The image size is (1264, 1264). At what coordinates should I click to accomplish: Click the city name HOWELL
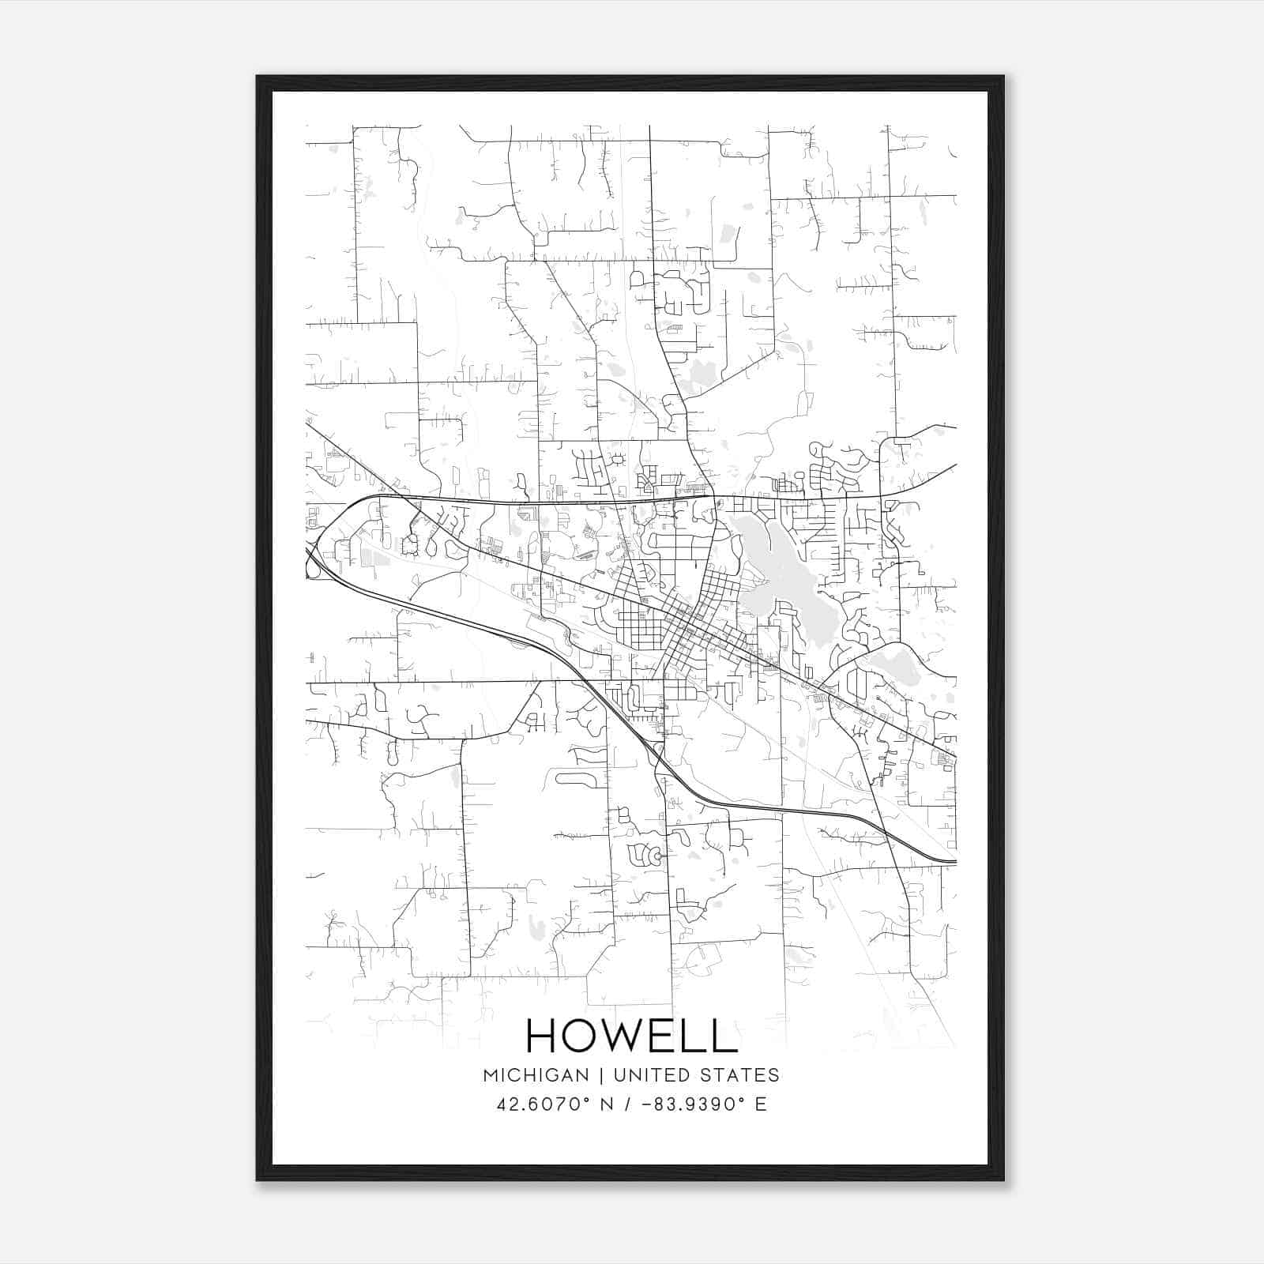631,1036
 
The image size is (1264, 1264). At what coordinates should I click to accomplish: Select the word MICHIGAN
536,1075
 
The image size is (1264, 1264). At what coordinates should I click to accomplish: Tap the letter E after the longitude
761,1104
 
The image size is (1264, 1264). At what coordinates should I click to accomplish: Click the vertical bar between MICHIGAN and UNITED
601,1075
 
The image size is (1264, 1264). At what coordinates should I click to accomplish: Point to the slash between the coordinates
629,1104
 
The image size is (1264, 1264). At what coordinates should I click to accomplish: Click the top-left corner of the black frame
258,77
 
